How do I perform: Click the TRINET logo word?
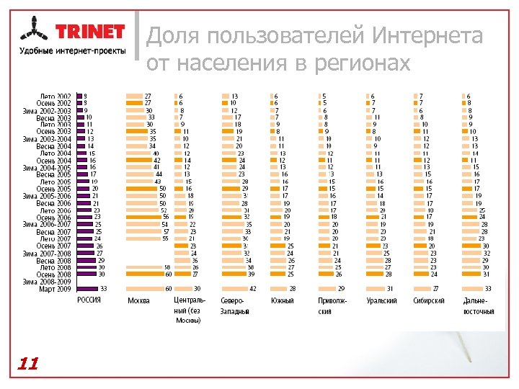90,32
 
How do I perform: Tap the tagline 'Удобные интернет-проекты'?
72,50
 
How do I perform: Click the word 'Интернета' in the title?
428,35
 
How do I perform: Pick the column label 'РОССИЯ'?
89,300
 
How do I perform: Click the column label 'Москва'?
138,300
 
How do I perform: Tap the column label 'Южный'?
282,300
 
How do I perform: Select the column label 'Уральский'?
381,300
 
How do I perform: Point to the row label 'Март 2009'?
56,288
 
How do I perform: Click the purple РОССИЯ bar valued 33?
89,288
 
